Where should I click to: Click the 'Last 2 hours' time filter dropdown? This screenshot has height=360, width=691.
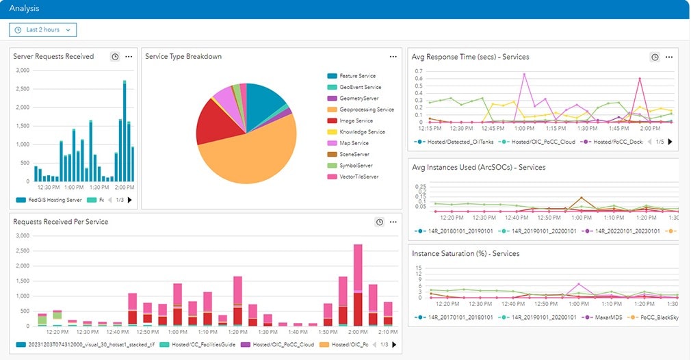point(42,29)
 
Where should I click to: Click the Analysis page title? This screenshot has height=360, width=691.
point(24,8)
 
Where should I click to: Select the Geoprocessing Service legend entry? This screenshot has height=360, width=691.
point(366,110)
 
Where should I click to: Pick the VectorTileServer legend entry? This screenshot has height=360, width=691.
point(358,177)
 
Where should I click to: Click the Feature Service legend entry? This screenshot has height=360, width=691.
point(357,76)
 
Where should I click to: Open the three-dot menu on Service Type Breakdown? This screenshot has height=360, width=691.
point(393,57)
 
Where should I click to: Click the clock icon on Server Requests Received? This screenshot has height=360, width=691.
point(115,57)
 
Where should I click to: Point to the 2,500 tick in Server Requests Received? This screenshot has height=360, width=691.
point(22,89)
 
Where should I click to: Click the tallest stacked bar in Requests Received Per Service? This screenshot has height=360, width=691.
point(357,284)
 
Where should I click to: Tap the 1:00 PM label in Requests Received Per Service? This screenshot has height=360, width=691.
point(177,332)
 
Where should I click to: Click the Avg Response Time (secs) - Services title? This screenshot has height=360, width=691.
point(470,57)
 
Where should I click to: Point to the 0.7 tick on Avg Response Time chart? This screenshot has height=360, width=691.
point(419,70)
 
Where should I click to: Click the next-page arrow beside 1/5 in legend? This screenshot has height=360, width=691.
point(670,142)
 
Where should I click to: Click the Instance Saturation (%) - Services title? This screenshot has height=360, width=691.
point(465,253)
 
